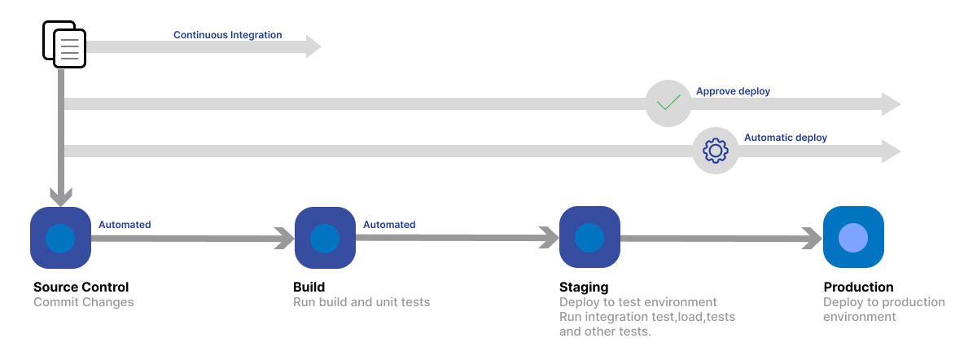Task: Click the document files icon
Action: point(64,44)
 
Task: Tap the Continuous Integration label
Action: point(228,35)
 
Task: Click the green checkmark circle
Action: point(668,103)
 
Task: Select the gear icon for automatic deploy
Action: point(716,151)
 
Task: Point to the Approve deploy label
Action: point(733,91)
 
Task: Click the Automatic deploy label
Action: point(786,138)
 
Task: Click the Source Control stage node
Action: point(60,238)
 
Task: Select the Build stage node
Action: point(325,238)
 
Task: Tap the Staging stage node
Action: point(589,237)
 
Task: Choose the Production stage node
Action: point(853,237)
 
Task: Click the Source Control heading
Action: point(81,288)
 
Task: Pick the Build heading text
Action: point(309,288)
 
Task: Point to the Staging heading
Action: point(584,288)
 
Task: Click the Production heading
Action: point(858,288)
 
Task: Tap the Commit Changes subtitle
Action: point(84,302)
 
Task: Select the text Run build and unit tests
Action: point(361,302)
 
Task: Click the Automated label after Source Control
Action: point(125,225)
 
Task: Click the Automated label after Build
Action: point(389,225)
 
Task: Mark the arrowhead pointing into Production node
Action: point(813,239)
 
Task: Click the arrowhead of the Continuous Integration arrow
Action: point(313,46)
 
